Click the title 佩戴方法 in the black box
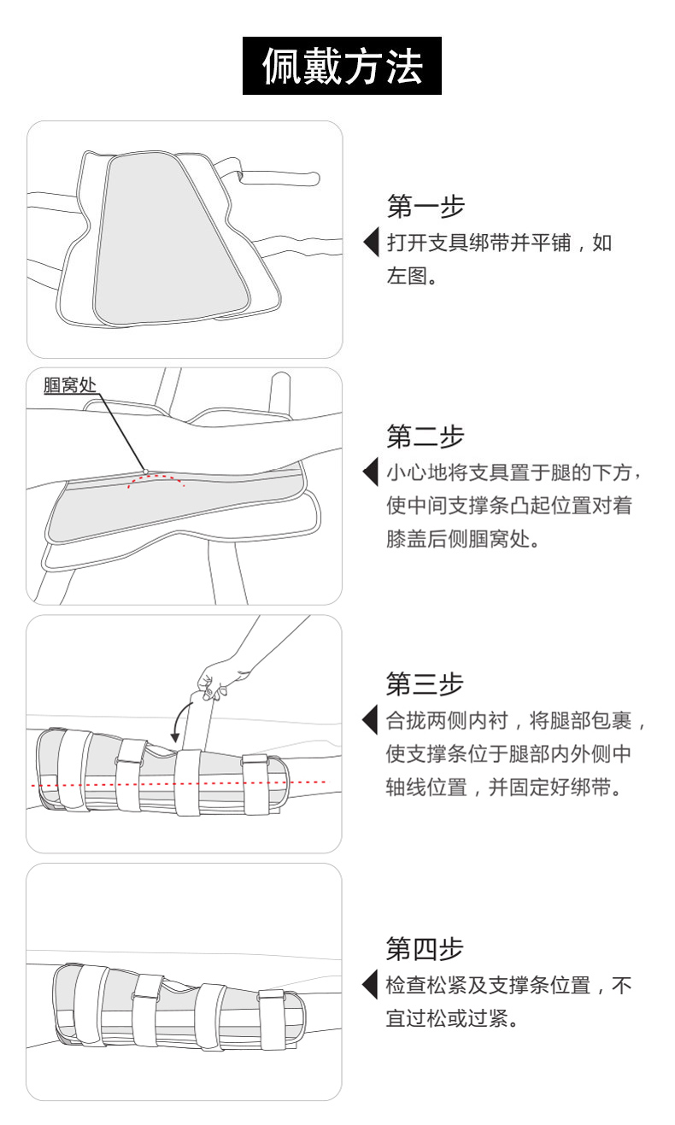pos(342,66)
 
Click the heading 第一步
pos(425,206)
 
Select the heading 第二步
pos(425,437)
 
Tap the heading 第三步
pos(425,684)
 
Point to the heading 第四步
pos(425,948)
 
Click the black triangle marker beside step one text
pos(371,242)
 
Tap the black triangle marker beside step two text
pos(371,472)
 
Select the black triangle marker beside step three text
pos(371,720)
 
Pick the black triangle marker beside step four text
pos(371,985)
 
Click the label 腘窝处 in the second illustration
pos(70,385)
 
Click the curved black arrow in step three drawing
pos(179,722)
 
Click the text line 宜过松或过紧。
pos(451,1019)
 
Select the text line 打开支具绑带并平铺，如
pos(499,243)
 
